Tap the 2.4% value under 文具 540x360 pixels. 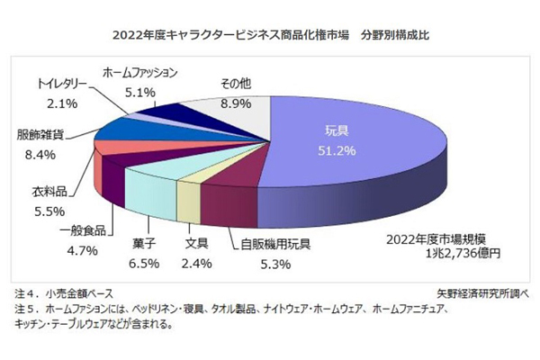pos(197,264)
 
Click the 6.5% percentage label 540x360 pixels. pos(144,264)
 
